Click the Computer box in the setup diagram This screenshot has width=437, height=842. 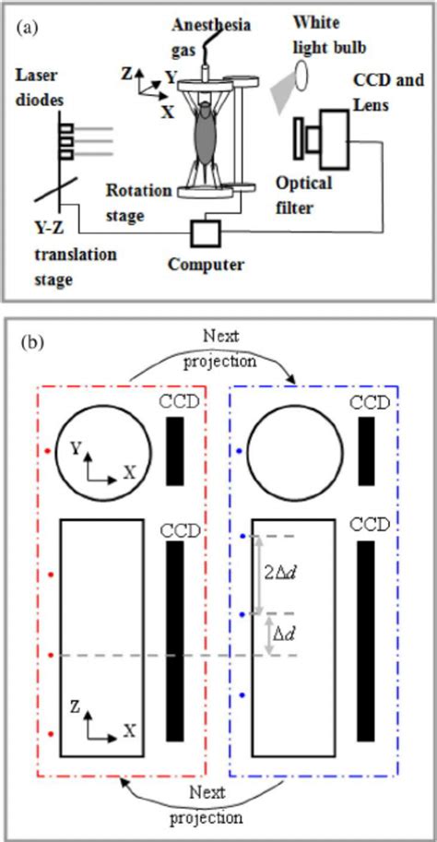(204, 232)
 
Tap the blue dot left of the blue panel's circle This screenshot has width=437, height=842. (240, 451)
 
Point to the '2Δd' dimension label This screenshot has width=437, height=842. (277, 573)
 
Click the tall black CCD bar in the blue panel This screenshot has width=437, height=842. (366, 640)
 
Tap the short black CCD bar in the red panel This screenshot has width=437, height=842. (174, 451)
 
